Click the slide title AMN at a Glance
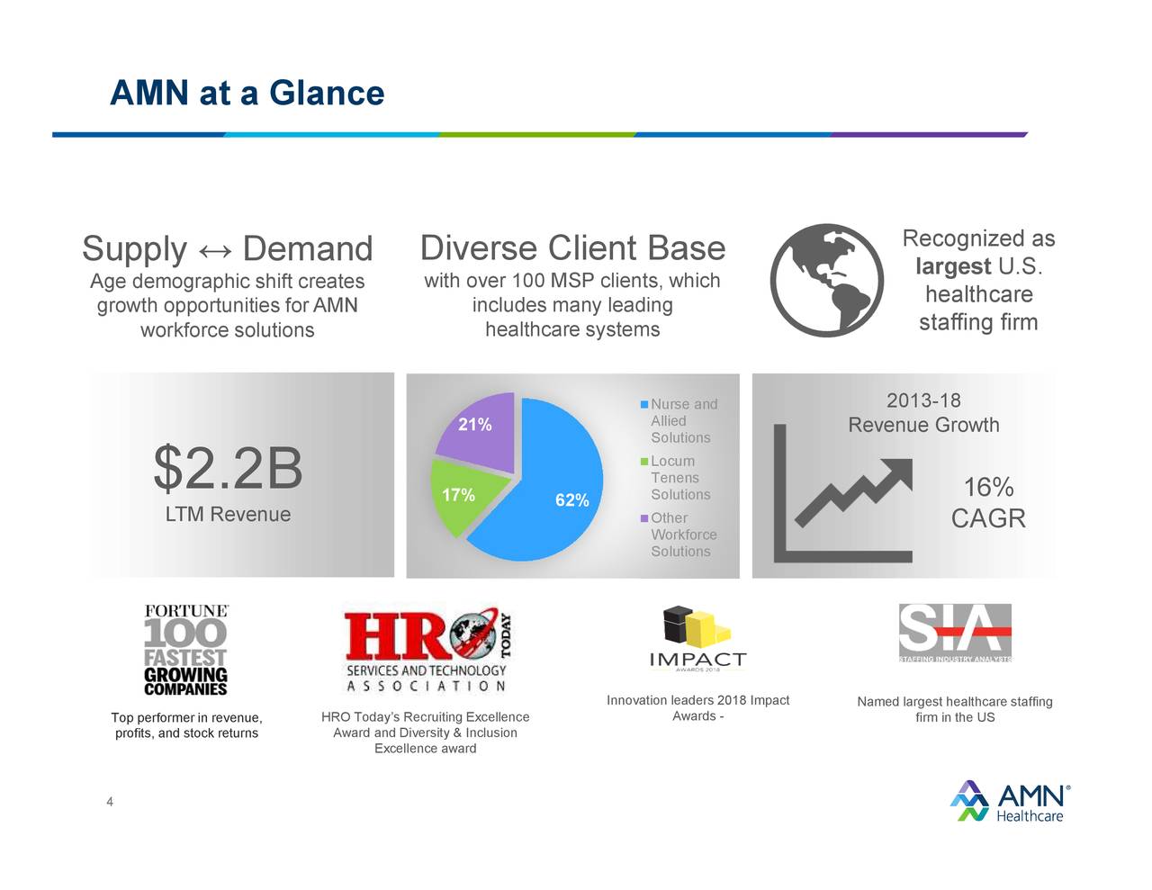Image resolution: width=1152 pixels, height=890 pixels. pyautogui.click(x=247, y=93)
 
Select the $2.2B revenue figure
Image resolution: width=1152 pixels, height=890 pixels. pyautogui.click(x=228, y=469)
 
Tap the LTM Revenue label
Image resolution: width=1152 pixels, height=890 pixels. pyautogui.click(x=228, y=515)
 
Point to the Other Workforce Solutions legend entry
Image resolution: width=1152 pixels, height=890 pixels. pyautogui.click(x=682, y=535)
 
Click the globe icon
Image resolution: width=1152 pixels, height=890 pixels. pyautogui.click(x=827, y=280)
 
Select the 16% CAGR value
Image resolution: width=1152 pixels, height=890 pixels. pyautogui.click(x=988, y=503)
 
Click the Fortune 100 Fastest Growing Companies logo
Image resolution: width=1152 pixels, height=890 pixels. pyautogui.click(x=186, y=650)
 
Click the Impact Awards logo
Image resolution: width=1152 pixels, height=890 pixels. pyautogui.click(x=697, y=639)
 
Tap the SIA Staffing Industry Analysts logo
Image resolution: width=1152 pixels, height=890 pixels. pyautogui.click(x=955, y=633)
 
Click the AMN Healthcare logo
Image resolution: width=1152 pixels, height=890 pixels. pyautogui.click(x=1010, y=801)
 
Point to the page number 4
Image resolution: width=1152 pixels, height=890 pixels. pyautogui.click(x=110, y=802)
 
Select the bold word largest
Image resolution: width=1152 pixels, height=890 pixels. pyautogui.click(x=953, y=266)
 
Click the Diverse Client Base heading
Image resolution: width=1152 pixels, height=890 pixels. pyautogui.click(x=572, y=248)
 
